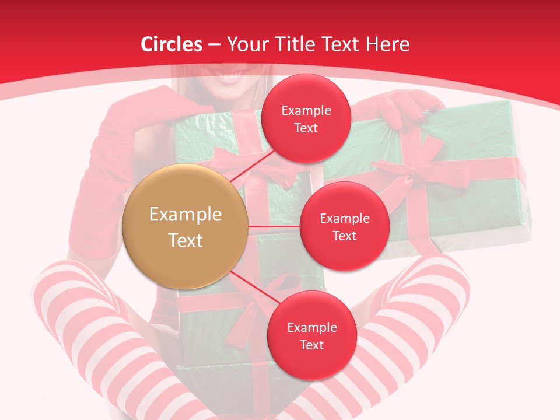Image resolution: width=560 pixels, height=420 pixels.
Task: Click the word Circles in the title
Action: click(x=171, y=44)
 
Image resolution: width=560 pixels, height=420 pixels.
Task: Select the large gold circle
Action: click(x=185, y=226)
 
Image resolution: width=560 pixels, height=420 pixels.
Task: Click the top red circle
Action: click(x=306, y=118)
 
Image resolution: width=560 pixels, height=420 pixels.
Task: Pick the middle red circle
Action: click(x=344, y=226)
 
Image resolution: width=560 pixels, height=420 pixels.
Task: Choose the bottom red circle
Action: click(x=311, y=335)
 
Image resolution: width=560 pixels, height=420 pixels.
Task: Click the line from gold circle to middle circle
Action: click(x=274, y=226)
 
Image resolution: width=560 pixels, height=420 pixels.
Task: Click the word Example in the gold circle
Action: click(x=185, y=215)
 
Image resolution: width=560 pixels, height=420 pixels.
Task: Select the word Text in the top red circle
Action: click(x=306, y=128)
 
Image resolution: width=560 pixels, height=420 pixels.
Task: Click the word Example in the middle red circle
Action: click(x=344, y=218)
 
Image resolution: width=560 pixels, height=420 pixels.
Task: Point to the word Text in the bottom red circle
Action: click(x=311, y=345)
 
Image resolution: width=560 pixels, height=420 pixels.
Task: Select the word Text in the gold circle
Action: click(x=185, y=240)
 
